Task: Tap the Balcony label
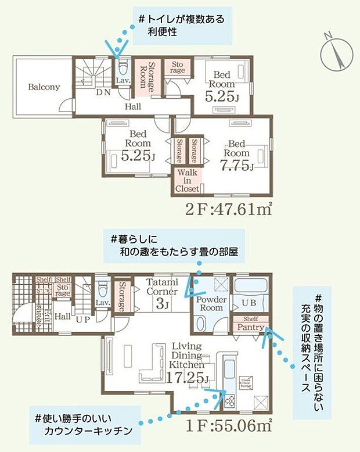44,88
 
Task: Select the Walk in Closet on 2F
188,181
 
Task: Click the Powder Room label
211,303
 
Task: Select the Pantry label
250,328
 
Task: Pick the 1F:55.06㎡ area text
230,425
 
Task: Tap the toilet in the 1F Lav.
103,287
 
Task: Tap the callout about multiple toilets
181,25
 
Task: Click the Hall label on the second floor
134,107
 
